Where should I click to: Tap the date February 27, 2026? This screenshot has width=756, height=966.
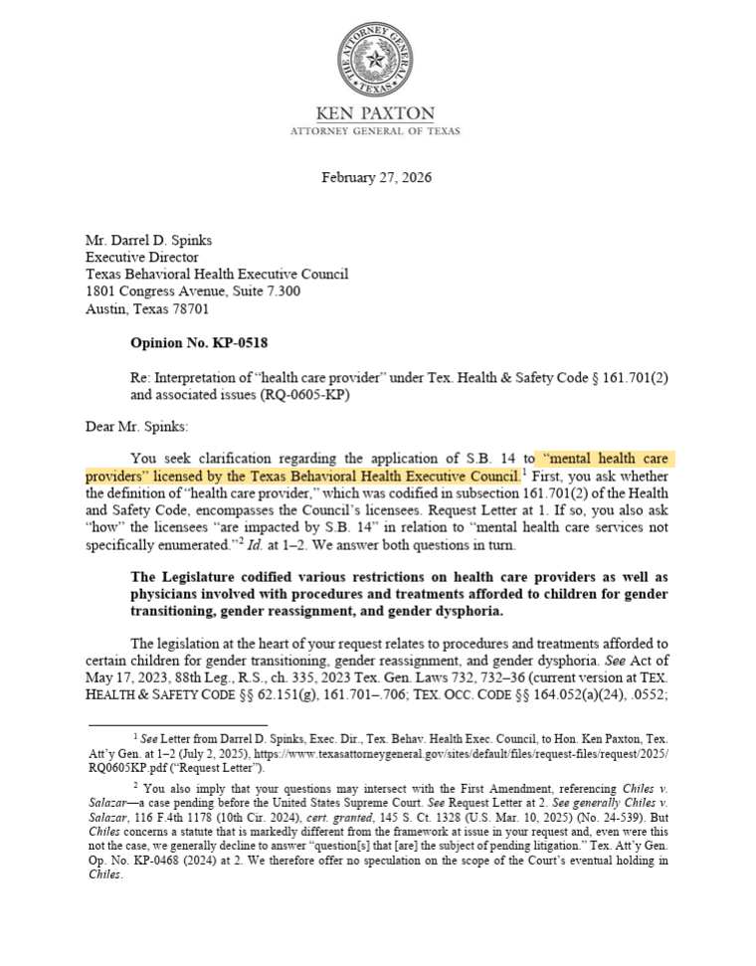pos(376,178)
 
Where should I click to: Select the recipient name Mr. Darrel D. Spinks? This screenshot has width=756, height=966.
pos(149,241)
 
